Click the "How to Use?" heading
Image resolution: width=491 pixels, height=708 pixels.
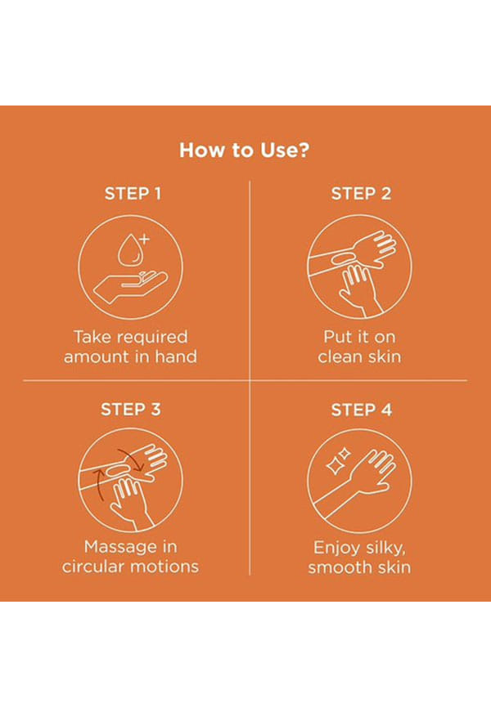point(245,150)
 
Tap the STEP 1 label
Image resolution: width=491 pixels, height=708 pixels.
point(133,194)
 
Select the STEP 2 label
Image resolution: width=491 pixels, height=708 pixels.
point(361,194)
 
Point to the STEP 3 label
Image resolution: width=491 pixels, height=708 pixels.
point(131,410)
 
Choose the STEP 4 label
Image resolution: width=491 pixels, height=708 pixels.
point(361,410)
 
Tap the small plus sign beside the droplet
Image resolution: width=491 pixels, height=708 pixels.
point(144,239)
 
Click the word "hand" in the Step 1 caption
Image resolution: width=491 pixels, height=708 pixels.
point(176,356)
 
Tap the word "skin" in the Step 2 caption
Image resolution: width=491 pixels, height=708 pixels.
point(384,356)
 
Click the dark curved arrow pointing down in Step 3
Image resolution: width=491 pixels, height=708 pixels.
point(133,457)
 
